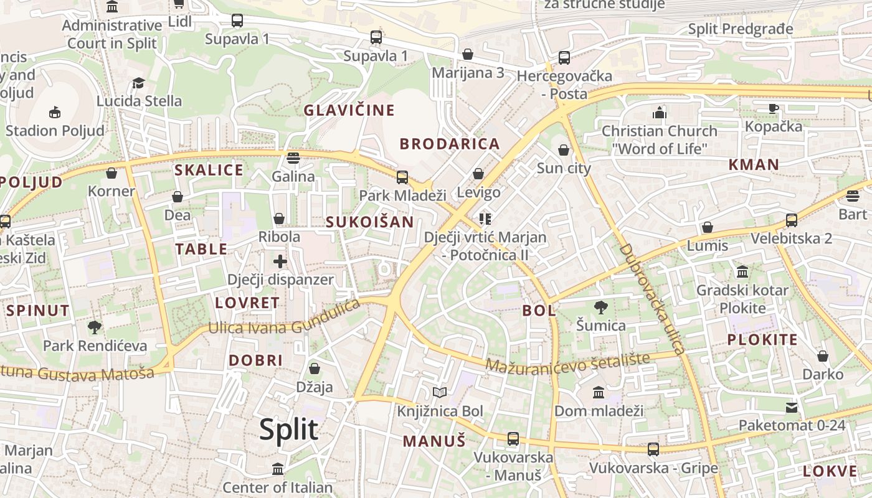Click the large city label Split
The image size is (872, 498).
click(x=288, y=430)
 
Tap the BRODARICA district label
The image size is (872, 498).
click(x=450, y=144)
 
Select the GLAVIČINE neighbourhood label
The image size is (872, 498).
click(x=349, y=110)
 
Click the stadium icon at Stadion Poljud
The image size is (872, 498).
click(x=55, y=112)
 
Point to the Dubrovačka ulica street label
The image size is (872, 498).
click(x=652, y=299)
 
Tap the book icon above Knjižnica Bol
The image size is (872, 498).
click(x=440, y=392)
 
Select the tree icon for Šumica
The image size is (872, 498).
click(x=600, y=307)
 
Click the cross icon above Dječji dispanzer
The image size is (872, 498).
click(x=280, y=261)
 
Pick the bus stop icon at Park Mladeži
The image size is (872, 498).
click(x=402, y=177)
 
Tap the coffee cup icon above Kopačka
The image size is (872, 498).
click(x=774, y=108)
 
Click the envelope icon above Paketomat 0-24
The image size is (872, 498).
click(x=792, y=408)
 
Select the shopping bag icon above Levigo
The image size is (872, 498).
click(x=478, y=174)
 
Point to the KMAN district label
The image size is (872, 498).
click(x=754, y=165)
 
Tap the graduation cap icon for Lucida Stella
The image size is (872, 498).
click(x=138, y=83)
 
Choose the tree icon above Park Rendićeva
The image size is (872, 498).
click(x=95, y=327)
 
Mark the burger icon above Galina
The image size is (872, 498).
click(x=293, y=157)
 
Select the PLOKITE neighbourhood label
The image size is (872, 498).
click(x=762, y=340)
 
